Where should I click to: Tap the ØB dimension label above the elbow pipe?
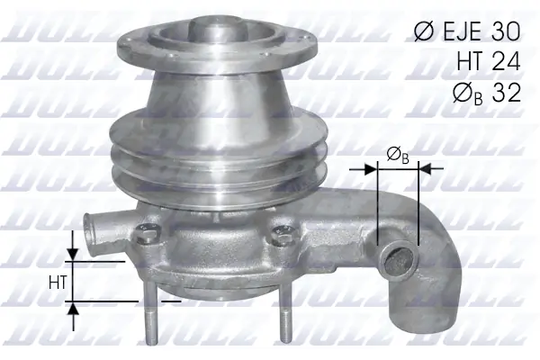coord(398,157)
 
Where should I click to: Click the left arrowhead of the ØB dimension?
coord(371,167)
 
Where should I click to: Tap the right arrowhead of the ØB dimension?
coord(426,167)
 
